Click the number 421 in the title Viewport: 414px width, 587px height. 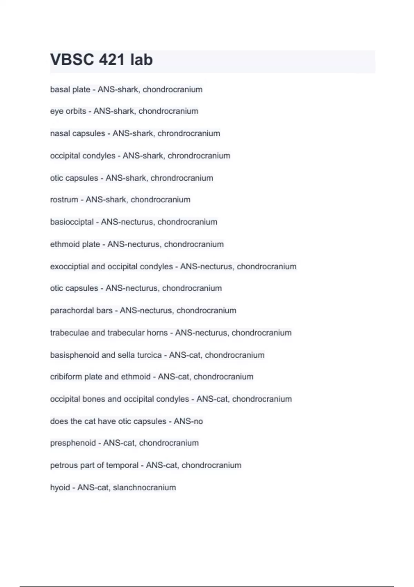pos(111,60)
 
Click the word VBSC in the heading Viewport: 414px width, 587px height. pos(72,60)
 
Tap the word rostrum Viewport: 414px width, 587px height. pos(64,200)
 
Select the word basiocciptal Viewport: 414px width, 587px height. pos(72,222)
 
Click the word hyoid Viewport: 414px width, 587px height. pos(60,488)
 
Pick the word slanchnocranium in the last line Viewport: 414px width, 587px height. pos(144,488)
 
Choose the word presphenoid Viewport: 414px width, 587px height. pos(73,443)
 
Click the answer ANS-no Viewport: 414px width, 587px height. pos(188,421)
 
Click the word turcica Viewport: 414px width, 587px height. pos(149,355)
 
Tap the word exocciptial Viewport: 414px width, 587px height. pos(69,267)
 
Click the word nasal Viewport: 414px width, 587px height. pos(59,133)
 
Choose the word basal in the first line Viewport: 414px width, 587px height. pos(59,89)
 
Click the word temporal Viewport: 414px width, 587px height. pos(122,465)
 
